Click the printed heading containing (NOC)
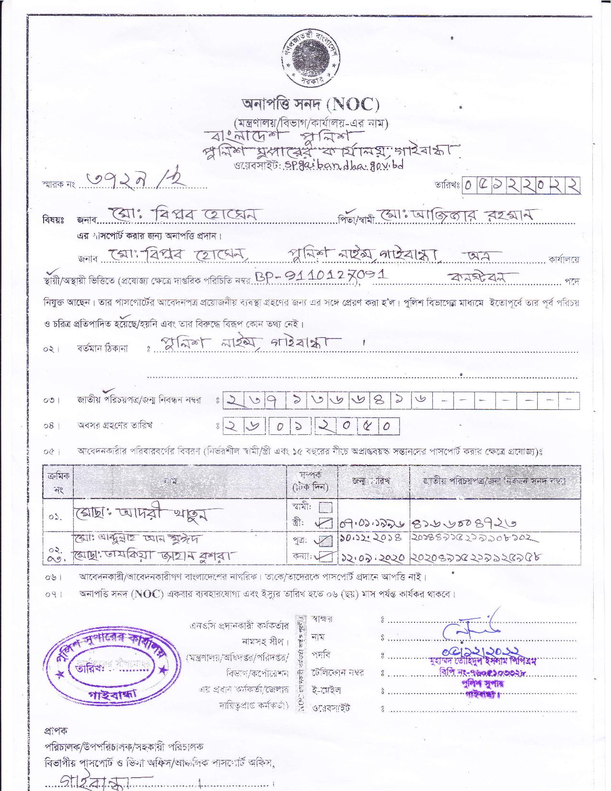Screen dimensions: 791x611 (311, 104)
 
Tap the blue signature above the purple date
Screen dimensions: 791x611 (473, 626)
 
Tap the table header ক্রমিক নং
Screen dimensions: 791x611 (59, 483)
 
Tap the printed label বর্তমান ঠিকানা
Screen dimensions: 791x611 (102, 348)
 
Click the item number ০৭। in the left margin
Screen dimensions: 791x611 (52, 594)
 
